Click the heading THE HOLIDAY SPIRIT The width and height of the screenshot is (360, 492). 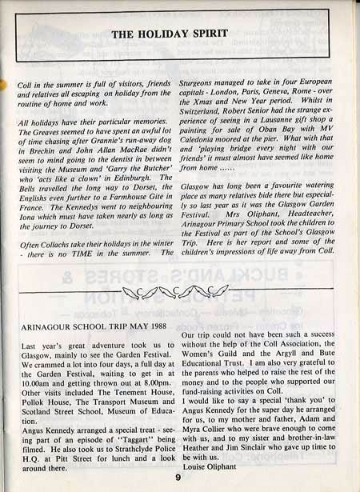point(170,34)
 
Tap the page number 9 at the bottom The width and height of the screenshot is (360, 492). point(178,478)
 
